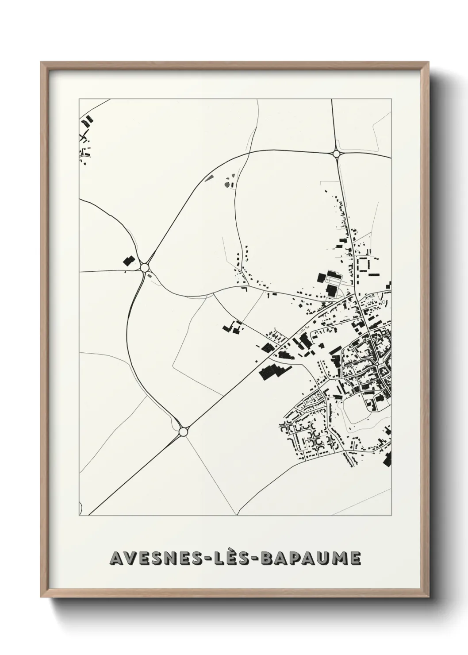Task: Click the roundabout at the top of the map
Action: pos(336,154)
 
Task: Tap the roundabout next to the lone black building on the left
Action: pos(144,267)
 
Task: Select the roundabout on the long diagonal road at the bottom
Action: pos(183,431)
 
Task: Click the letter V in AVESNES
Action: pos(128,558)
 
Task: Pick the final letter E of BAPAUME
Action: pos(355,558)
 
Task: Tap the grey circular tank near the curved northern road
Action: pos(227,184)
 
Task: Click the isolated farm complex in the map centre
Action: pos(232,328)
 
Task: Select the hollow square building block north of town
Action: pos(364,265)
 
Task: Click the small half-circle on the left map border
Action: pos(81,507)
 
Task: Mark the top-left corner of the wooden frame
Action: pos(41,62)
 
